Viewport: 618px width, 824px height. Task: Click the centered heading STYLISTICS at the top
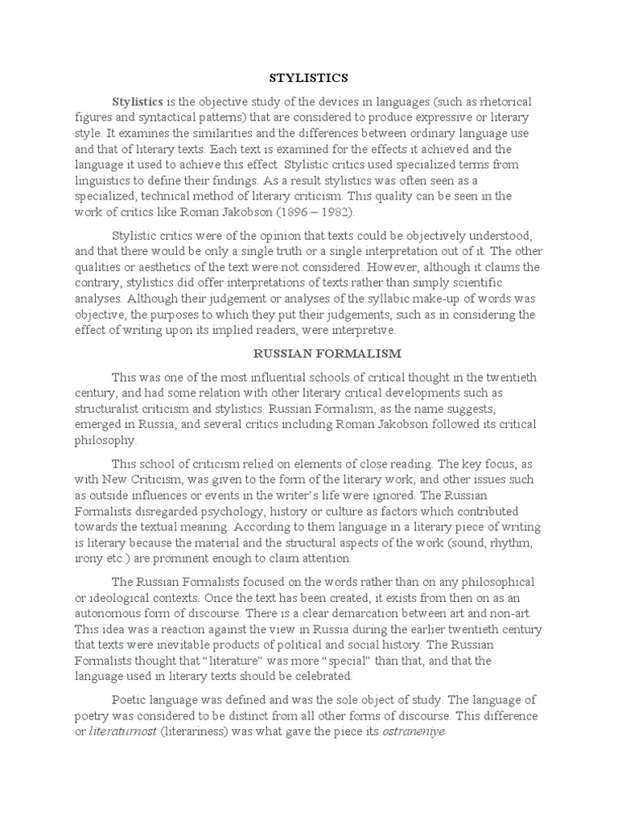308,78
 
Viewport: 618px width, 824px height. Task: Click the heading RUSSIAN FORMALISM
308,352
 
